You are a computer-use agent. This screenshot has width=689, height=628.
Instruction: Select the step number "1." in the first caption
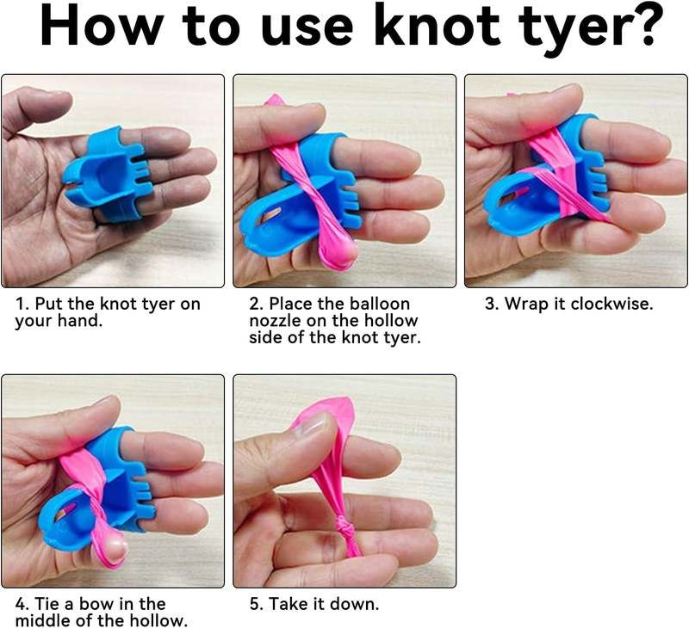coord(22,304)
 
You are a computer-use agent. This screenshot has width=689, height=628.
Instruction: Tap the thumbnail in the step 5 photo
coord(310,424)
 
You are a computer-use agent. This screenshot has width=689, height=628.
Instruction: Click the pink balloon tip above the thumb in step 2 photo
coord(273,100)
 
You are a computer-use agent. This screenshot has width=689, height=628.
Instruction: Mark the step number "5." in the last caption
coord(257,604)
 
